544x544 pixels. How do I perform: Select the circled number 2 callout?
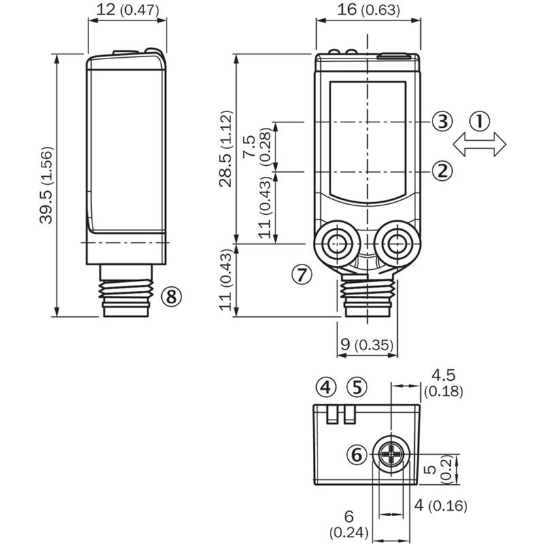point(442,170)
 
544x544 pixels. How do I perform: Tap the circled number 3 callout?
point(442,122)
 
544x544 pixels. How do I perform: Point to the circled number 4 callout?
point(327,388)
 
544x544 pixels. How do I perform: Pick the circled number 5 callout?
point(356,388)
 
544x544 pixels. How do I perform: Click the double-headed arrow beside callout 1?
point(480,144)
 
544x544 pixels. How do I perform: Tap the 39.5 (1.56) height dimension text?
point(46,185)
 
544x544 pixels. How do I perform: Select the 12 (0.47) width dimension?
point(126,10)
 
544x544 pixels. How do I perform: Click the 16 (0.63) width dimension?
point(368,10)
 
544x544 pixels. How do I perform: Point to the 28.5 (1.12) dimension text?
point(226,148)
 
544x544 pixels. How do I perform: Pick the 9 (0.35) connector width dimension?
point(367,345)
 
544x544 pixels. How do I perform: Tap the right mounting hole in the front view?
point(396,240)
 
